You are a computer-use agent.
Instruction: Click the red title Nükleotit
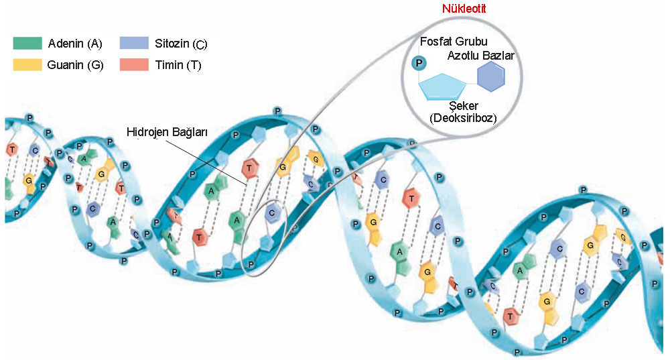tap(464, 9)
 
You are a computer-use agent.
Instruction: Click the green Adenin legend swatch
tap(27, 44)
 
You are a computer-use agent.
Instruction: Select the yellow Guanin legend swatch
tap(27, 65)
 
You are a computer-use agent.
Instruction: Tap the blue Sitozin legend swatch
tap(134, 44)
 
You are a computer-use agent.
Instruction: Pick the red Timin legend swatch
tap(134, 65)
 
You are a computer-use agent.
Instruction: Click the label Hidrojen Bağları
tap(167, 132)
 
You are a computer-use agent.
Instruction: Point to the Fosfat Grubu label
tap(454, 42)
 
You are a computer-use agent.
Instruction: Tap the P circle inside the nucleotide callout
tap(419, 64)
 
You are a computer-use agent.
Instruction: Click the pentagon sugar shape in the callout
tap(443, 85)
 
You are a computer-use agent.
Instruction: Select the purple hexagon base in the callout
tap(490, 79)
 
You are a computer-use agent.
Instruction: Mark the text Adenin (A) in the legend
tap(75, 44)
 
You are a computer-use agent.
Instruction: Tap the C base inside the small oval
tap(271, 213)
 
